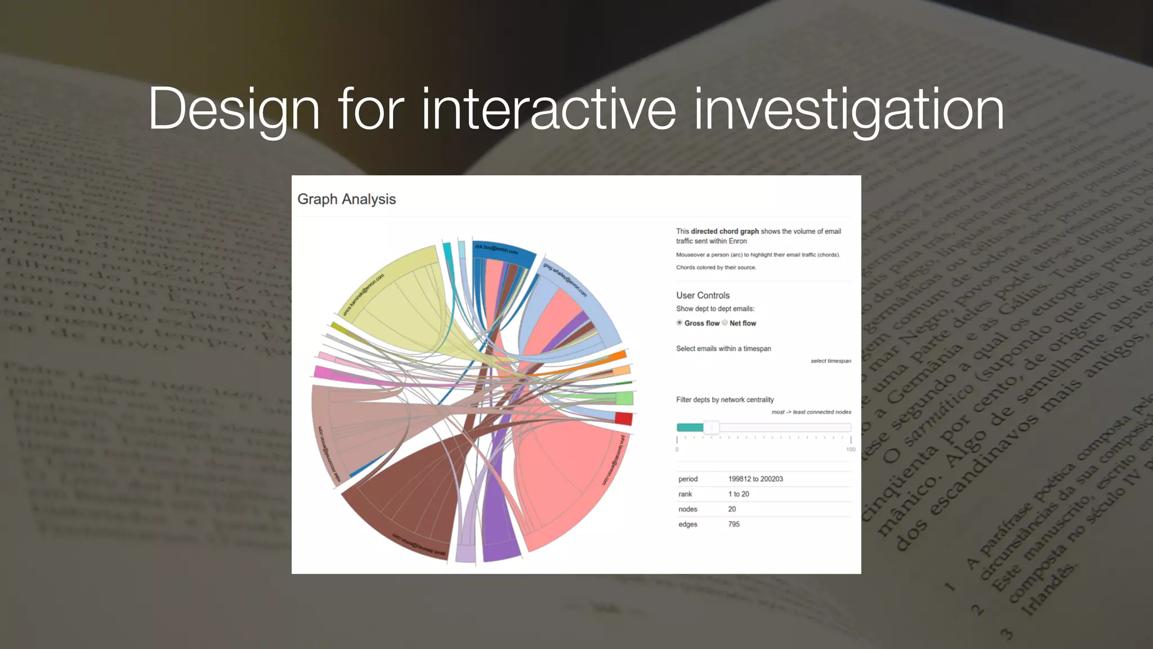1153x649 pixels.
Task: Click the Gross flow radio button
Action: pos(680,323)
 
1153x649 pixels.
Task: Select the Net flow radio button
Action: pos(725,323)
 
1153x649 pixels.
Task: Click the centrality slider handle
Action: pos(712,428)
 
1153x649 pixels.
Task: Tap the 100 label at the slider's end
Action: pos(850,450)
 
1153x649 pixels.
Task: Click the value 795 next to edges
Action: pos(734,524)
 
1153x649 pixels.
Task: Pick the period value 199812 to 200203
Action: pos(756,479)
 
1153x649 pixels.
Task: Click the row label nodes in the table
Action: pos(688,509)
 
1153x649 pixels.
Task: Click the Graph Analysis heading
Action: pos(346,199)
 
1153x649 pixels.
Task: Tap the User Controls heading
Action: pos(703,295)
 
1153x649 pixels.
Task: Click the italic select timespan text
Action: pos(830,361)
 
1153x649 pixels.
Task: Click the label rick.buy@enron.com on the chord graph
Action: pos(496,249)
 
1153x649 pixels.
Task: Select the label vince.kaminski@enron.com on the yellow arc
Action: pos(364,295)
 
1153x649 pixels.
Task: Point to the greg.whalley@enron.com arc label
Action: pos(565,279)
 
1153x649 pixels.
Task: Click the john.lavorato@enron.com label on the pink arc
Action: pos(614,459)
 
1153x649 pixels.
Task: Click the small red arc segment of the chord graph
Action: pos(623,419)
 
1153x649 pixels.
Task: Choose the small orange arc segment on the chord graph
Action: pos(618,356)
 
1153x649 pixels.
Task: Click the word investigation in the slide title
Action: pos(848,110)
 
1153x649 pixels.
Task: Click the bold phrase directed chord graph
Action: pos(725,232)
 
